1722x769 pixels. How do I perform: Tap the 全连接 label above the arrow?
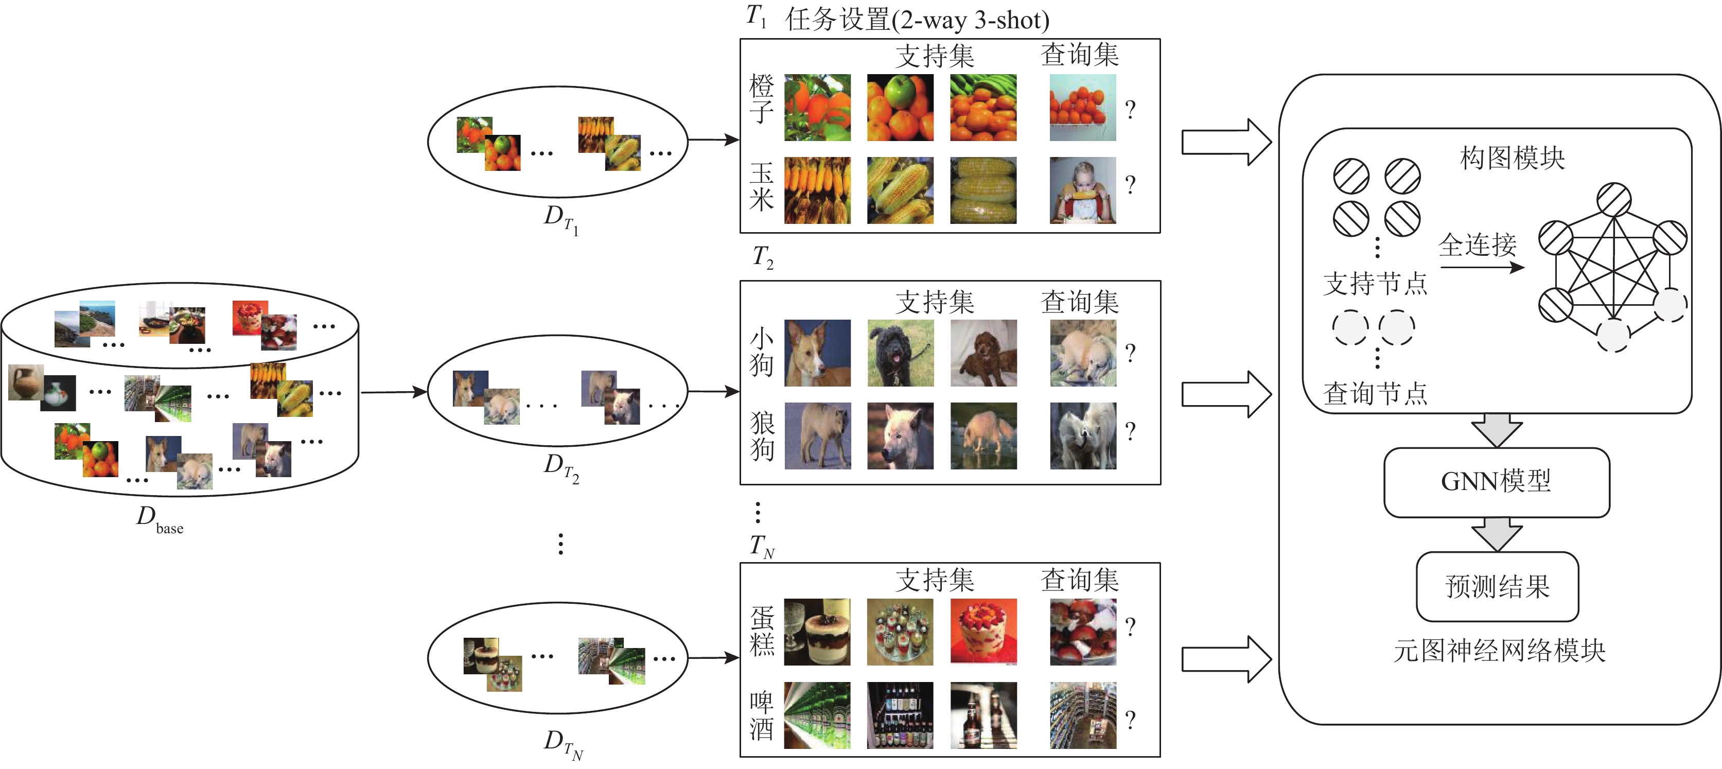click(1478, 246)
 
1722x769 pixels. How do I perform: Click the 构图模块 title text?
click(1512, 159)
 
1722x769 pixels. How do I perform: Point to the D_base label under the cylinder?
click(159, 518)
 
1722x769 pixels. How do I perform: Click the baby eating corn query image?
click(1082, 190)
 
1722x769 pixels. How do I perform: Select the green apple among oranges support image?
click(900, 107)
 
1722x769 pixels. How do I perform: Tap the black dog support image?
click(900, 353)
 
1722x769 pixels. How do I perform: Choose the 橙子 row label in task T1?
click(761, 99)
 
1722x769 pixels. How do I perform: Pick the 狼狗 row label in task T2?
click(761, 436)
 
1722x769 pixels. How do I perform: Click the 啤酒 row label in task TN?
click(761, 715)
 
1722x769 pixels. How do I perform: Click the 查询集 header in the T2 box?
click(1079, 302)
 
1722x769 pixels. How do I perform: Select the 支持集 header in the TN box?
click(935, 580)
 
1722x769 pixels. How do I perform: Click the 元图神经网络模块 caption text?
click(1499, 651)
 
